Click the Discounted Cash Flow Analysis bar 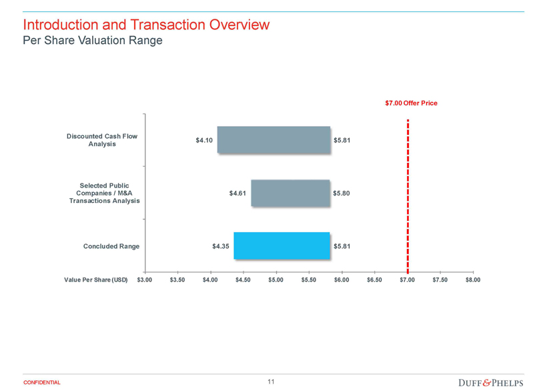tap(273, 140)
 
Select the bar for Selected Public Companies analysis tap(290, 193)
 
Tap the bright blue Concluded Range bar tap(282, 246)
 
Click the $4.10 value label tap(203, 140)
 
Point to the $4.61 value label tap(237, 193)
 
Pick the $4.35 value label tap(220, 246)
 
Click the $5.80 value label tap(342, 193)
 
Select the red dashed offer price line tap(407, 193)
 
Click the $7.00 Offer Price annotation tap(411, 103)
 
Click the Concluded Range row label tap(111, 246)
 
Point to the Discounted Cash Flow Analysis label tap(102, 140)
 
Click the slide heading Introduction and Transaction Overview tap(146, 25)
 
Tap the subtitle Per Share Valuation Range tap(92, 40)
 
